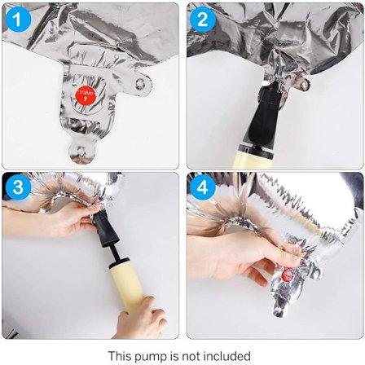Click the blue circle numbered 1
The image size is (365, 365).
17,19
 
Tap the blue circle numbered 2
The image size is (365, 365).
203,19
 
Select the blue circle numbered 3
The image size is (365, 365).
18,187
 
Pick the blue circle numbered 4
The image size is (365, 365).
203,187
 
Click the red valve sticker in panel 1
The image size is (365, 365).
86,95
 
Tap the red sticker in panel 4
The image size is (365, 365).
287,275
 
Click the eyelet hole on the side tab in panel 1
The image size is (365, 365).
140,83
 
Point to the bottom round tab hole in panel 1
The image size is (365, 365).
81,151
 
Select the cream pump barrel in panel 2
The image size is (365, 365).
253,161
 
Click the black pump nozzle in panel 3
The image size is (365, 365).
104,228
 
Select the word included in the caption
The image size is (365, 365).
226,355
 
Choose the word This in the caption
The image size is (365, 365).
120,355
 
